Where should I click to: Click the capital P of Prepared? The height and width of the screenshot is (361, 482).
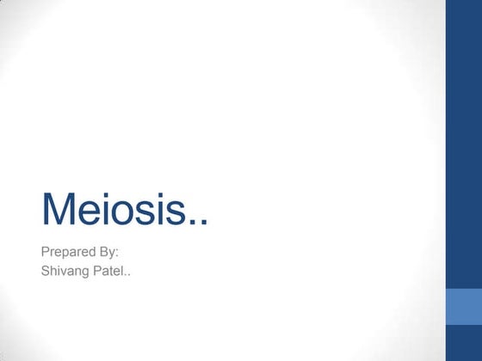[x=46, y=254]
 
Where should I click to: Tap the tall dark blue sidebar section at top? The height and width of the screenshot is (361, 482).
[x=463, y=142]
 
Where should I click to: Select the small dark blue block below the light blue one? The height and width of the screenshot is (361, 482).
[x=463, y=347]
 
